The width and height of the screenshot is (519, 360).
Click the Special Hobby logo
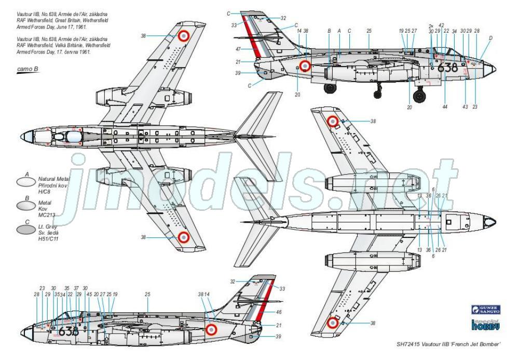pyautogui.click(x=485, y=325)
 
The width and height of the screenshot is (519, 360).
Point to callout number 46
pyautogui.click(x=279, y=312)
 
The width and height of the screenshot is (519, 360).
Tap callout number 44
pyautogui.click(x=445, y=106)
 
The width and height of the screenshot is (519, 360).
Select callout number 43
pyautogui.click(x=466, y=106)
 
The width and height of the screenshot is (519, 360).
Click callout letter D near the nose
pyautogui.click(x=490, y=37)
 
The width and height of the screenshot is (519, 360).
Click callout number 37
pyautogui.click(x=76, y=288)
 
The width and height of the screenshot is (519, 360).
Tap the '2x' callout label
pyautogui.click(x=431, y=25)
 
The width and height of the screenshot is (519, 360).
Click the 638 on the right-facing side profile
pyautogui.click(x=447, y=68)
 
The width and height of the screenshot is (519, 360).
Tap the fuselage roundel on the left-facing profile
pyautogui.click(x=211, y=329)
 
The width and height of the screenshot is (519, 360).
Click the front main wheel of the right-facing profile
pyautogui.click(x=419, y=95)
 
